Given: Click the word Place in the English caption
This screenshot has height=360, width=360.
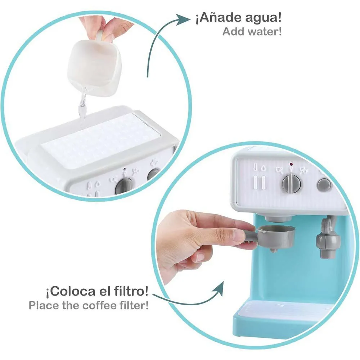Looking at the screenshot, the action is click(x=44, y=305).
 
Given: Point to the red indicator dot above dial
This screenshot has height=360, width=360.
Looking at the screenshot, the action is click(x=291, y=164).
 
